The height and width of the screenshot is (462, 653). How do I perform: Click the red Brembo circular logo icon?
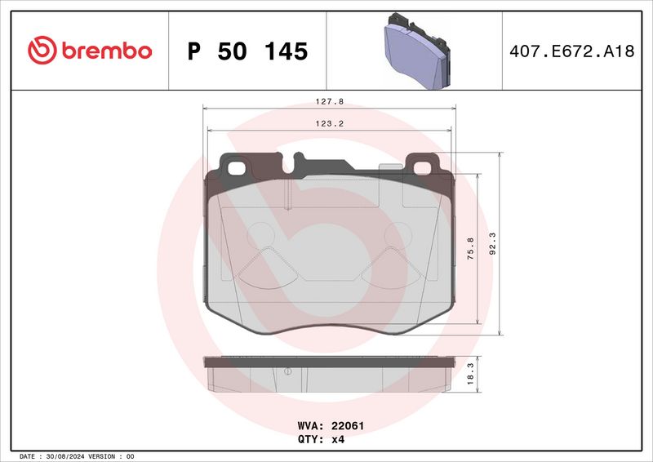[x=42, y=50]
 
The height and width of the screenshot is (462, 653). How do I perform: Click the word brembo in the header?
[x=107, y=51]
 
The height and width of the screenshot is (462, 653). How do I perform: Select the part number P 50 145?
[x=248, y=51]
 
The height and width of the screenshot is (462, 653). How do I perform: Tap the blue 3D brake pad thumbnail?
[x=416, y=51]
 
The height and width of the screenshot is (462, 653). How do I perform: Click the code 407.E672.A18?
[x=572, y=51]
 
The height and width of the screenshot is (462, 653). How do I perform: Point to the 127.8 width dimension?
[x=330, y=101]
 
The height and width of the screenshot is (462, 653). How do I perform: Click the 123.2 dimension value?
[x=330, y=124]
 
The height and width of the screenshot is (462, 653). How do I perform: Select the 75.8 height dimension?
[x=470, y=249]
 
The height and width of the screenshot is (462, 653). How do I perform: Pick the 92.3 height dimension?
[x=492, y=244]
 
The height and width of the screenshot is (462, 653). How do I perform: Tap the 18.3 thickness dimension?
[x=470, y=374]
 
